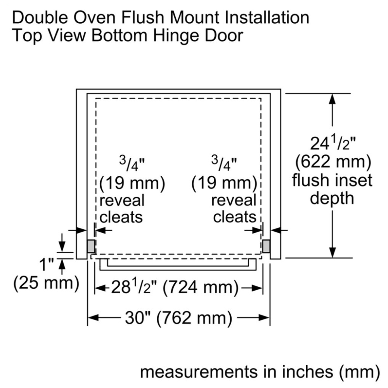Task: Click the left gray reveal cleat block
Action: tap(91, 246)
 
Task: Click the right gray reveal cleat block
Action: tap(266, 246)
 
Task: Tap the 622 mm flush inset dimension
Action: tap(333, 162)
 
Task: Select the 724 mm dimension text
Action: tap(201, 288)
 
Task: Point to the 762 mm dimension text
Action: tap(194, 318)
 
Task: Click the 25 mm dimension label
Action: tap(46, 282)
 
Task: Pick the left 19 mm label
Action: tap(132, 184)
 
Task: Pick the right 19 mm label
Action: tap(224, 184)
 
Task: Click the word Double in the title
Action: tap(40, 17)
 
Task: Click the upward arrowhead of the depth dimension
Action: tap(333, 99)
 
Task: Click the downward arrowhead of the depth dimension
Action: tap(333, 253)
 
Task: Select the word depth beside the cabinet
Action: tap(332, 198)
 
